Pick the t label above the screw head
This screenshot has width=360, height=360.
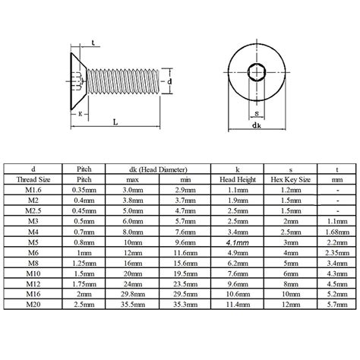[93, 42]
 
